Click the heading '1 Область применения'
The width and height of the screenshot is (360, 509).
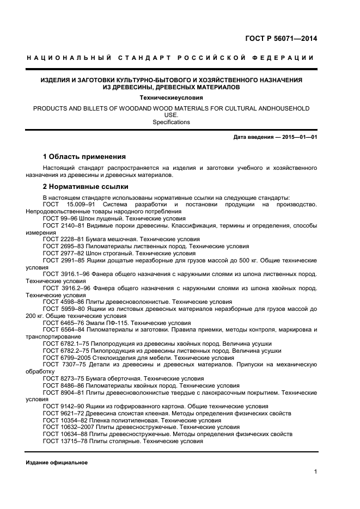click(x=84, y=156)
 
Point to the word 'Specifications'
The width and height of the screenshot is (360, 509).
click(x=171, y=122)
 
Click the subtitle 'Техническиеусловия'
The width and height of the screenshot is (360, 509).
click(x=171, y=98)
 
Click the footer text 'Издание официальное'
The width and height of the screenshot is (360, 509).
click(x=57, y=463)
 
